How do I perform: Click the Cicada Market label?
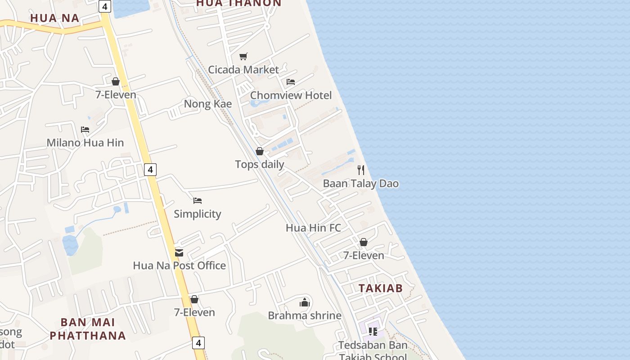click(x=243, y=70)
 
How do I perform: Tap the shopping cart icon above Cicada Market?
click(x=243, y=56)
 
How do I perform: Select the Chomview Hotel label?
click(x=291, y=95)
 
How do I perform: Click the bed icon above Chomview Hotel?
click(x=291, y=82)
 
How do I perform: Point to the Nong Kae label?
click(x=208, y=104)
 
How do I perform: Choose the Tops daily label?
click(x=260, y=164)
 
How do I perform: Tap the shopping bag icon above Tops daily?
click(x=260, y=151)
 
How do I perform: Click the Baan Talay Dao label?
click(x=361, y=184)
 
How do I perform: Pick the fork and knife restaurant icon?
click(x=361, y=170)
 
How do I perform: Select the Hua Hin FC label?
click(x=313, y=228)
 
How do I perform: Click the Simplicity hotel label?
click(x=198, y=214)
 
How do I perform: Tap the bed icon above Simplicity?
click(x=198, y=201)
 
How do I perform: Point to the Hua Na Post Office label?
click(x=179, y=265)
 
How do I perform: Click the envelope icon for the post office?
click(x=179, y=252)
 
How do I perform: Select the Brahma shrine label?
click(x=305, y=315)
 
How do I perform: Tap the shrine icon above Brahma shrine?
click(x=305, y=302)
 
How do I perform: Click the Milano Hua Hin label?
click(x=85, y=143)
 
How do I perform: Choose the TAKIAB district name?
click(x=380, y=288)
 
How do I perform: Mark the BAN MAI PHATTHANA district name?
click(x=88, y=329)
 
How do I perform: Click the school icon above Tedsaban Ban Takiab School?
click(x=373, y=332)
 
